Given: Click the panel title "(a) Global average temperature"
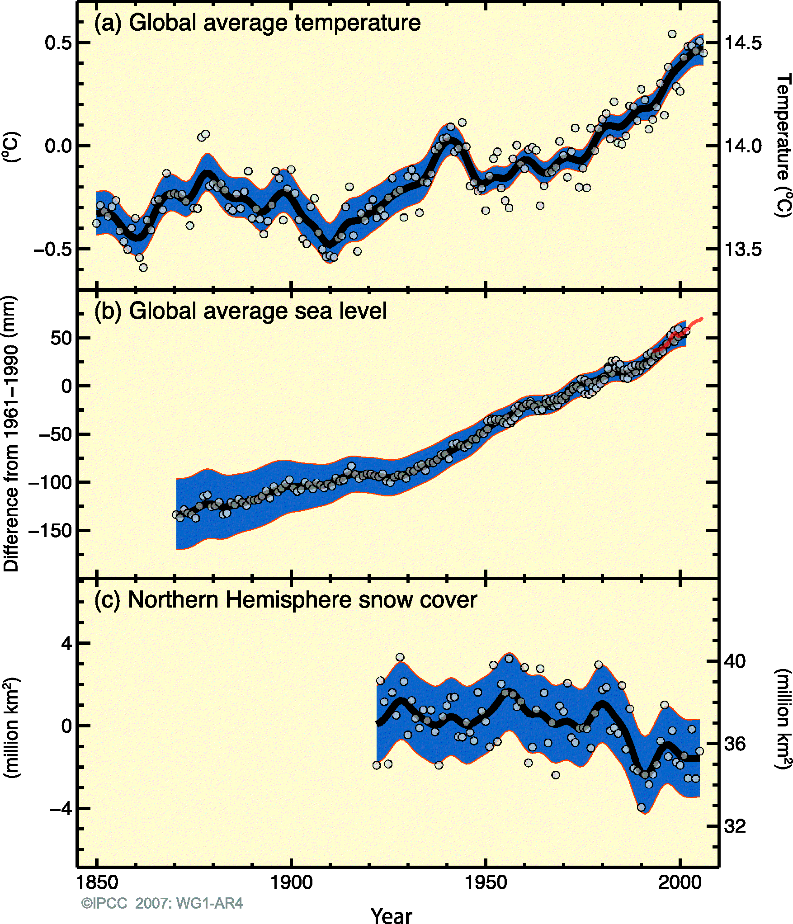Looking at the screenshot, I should (257, 23).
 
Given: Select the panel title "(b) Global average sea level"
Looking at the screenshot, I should (240, 311).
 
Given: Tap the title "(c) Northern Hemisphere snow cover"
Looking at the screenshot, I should (285, 600).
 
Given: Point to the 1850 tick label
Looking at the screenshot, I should (97, 882).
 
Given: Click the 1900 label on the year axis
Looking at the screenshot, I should (291, 882).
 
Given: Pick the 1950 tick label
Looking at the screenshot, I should (486, 882).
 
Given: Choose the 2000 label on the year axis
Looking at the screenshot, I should (680, 882).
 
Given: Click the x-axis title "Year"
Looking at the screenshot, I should (391, 915).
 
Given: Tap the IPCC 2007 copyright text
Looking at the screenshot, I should (162, 903).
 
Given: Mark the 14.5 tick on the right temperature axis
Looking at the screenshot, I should (743, 43).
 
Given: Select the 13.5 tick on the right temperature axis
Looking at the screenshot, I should (743, 249).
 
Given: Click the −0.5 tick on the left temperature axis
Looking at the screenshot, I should (53, 249).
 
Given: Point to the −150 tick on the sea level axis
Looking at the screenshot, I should (50, 531).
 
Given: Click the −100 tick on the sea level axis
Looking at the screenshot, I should (50, 483).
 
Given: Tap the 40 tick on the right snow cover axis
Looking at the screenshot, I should (735, 661).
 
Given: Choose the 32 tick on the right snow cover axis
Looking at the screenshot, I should (735, 826).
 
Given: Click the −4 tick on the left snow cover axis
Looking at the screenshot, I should (61, 808).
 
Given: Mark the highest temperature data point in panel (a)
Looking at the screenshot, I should (672, 34).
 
